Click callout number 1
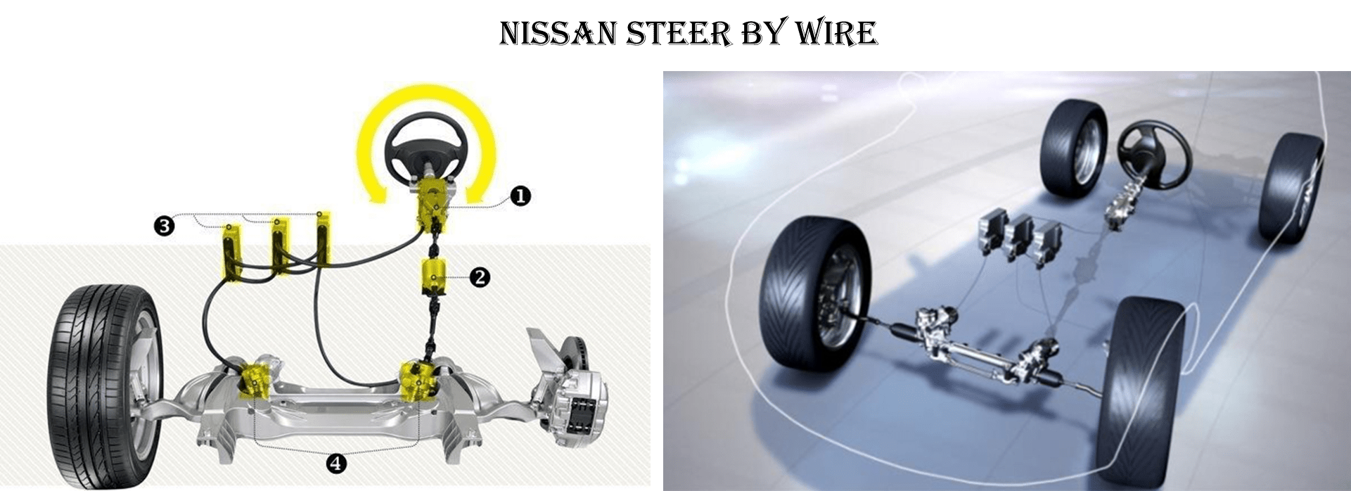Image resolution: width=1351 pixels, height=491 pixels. coord(520,196)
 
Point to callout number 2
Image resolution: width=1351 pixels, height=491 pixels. coord(480,277)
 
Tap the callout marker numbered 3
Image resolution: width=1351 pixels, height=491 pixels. coord(164,226)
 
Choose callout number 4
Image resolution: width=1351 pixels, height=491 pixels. coord(336,462)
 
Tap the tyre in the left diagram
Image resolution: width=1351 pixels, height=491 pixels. coord(105,380)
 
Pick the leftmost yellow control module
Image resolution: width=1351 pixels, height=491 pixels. coord(231,251)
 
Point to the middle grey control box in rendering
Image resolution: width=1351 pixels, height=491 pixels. coord(1020,239)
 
